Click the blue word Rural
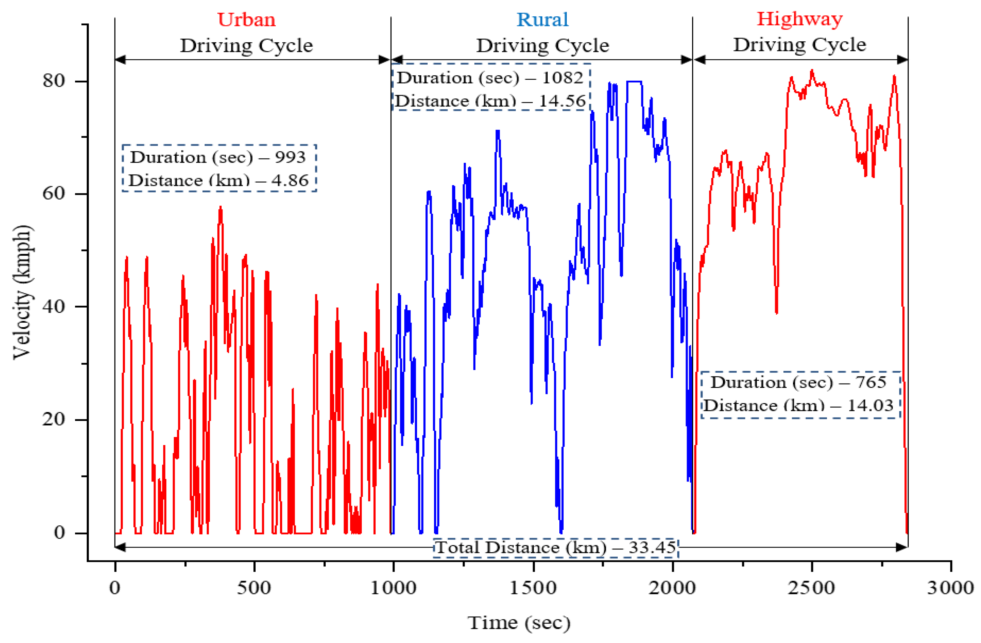pyautogui.click(x=542, y=19)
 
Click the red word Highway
pyautogui.click(x=799, y=19)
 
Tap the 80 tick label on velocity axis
pyautogui.click(x=54, y=81)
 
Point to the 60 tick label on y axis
pyautogui.click(x=54, y=193)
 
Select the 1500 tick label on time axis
pyautogui.click(x=533, y=588)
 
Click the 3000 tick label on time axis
pyautogui.click(x=950, y=588)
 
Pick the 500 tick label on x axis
pyautogui.click(x=254, y=588)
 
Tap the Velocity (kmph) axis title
pyautogui.click(x=22, y=292)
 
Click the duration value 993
pyautogui.click(x=290, y=157)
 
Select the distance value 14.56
pyautogui.click(x=562, y=101)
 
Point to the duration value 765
pyautogui.click(x=870, y=382)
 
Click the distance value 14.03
pyautogui.click(x=870, y=406)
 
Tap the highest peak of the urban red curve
pyautogui.click(x=220, y=208)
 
